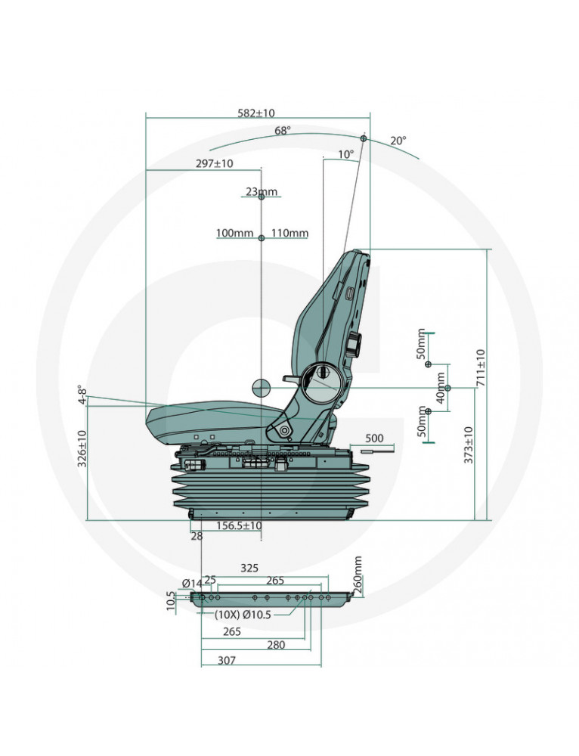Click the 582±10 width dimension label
(x=256, y=113)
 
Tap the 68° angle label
(x=283, y=131)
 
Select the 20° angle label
(x=398, y=141)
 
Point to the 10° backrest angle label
(x=345, y=154)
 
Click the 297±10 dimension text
(x=214, y=163)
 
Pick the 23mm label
(x=262, y=191)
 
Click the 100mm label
(x=235, y=234)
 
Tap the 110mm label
(x=289, y=234)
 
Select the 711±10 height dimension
(x=481, y=367)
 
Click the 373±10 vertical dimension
(x=469, y=445)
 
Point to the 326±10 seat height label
(x=82, y=448)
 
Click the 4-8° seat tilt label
(x=83, y=394)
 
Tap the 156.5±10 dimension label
(x=239, y=525)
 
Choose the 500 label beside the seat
(x=375, y=438)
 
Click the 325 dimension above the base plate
(x=249, y=568)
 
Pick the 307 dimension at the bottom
(x=227, y=660)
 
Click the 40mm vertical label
(x=441, y=388)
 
